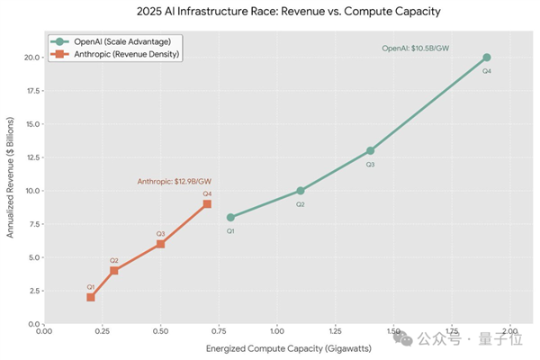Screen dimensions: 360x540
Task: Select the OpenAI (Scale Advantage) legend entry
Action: coord(117,41)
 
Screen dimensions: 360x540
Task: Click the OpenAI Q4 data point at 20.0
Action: coord(487,58)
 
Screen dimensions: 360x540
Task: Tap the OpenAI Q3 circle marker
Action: coord(370,150)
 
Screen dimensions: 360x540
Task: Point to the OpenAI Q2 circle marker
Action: coord(301,191)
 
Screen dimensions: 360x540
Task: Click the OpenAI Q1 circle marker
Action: coord(230,217)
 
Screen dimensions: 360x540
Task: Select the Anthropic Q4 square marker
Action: coord(207,204)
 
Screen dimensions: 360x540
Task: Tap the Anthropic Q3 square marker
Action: coord(160,244)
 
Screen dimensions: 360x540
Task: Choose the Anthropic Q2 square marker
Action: coord(114,271)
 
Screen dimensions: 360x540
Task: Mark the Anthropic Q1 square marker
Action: coord(91,297)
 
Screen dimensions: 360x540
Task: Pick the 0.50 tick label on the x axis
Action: coord(160,330)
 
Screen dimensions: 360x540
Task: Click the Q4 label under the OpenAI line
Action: coord(487,71)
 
